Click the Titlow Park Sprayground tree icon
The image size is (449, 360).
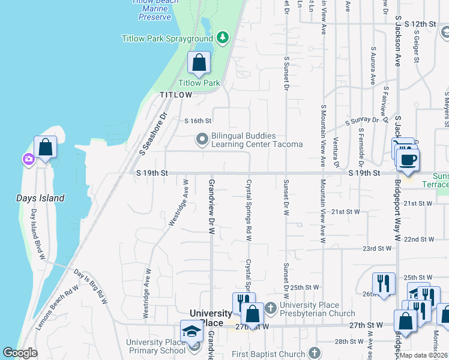coord(223,38)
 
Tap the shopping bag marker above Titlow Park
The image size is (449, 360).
coord(199,62)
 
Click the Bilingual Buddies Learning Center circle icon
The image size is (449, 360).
coord(202,140)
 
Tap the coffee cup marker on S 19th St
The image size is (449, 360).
coord(408,160)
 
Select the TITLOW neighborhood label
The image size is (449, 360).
coord(176,95)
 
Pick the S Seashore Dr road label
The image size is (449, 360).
coord(152,134)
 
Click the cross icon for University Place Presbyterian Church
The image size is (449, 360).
coord(270,308)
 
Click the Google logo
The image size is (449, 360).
coord(20,353)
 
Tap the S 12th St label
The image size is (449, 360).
coord(420,23)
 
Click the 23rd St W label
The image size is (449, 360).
coord(376,248)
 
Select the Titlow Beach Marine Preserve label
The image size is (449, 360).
coord(155,9)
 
